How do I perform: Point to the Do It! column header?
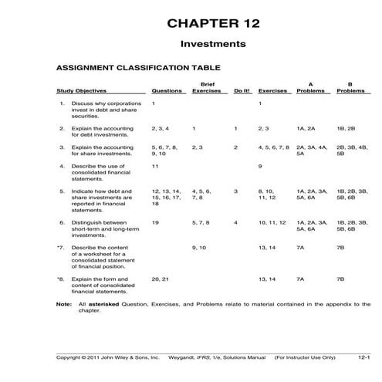point(242,90)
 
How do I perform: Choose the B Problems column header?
point(350,86)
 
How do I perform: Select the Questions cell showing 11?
point(155,166)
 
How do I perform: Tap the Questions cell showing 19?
point(155,222)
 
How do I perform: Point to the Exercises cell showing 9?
point(260,166)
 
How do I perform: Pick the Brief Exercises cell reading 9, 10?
point(199,248)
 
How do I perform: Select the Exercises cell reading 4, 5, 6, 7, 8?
point(273,147)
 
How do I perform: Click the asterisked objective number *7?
point(60,248)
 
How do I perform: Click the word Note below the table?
point(64,304)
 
